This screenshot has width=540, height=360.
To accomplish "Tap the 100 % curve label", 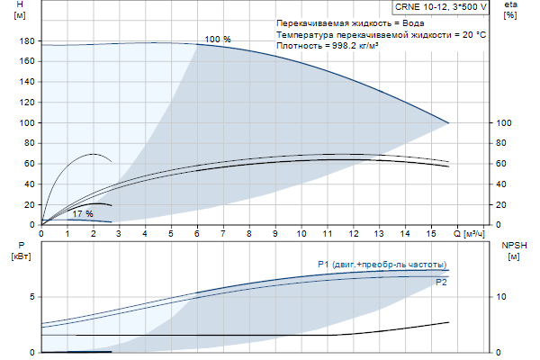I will [218, 40].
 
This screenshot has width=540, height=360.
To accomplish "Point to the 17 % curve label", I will [83, 213].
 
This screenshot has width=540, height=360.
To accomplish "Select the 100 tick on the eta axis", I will [504, 123].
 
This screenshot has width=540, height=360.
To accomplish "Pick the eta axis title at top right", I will [510, 10].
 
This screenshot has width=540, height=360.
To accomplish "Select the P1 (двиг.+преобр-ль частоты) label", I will [382, 264].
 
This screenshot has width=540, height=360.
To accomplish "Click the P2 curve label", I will [441, 283].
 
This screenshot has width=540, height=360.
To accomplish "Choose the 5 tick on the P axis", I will [31, 296].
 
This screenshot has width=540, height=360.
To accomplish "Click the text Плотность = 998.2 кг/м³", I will [328, 44].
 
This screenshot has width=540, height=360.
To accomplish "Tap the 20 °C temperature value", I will [473, 32].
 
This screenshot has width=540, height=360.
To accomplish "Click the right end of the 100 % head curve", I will [448, 122].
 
